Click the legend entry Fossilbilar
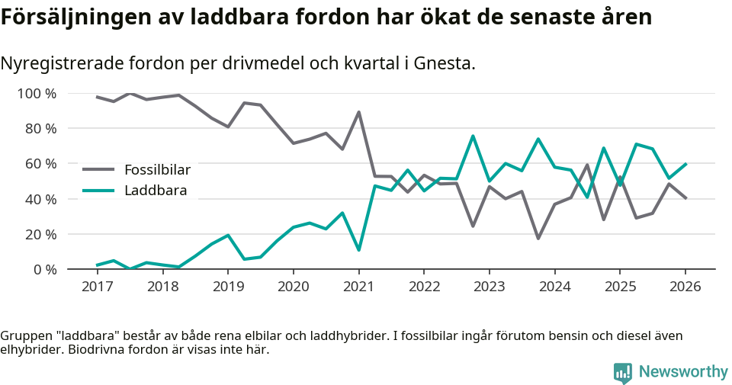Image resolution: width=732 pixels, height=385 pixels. coord(157,169)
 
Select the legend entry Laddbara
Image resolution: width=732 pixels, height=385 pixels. coord(156,191)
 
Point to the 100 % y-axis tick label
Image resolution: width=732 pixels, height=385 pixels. coord(37,94)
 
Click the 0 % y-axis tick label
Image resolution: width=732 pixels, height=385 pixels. coord(44,269)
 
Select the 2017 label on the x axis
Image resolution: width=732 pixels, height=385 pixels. coord(97,287)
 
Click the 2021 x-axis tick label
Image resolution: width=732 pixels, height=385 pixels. coord(358,287)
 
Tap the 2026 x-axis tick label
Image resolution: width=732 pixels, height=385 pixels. coord(685,287)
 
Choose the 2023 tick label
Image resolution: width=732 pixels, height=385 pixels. coord(489,287)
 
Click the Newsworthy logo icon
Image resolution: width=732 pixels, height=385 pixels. coord(623,373)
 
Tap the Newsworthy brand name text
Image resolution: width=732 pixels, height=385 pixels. coord(683,372)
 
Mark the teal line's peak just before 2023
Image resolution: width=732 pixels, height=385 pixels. coord(473,136)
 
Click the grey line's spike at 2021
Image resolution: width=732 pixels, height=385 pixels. coord(358,112)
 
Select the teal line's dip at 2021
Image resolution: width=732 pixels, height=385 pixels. coord(358,250)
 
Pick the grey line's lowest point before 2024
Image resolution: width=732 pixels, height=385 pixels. coord(538,239)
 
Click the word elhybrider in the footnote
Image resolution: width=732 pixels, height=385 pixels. coord(30,351)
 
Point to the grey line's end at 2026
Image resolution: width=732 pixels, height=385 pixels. coord(685,198)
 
